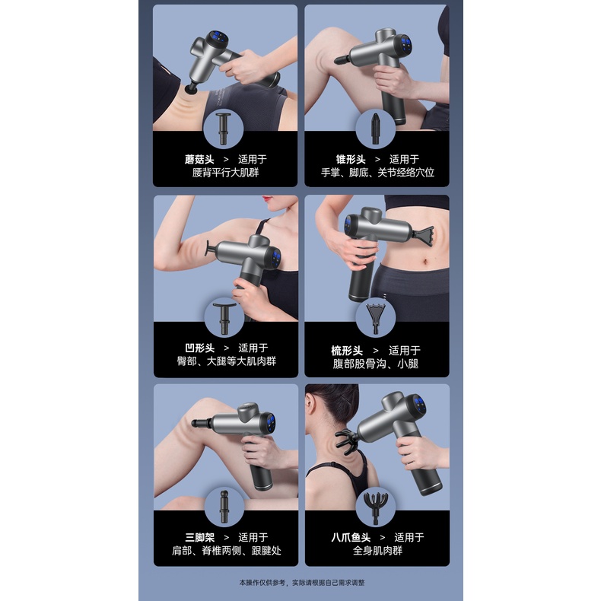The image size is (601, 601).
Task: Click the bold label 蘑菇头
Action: pos(199,159)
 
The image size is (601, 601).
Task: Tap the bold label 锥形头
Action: pos(351,159)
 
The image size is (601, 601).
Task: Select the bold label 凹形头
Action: pos(199,348)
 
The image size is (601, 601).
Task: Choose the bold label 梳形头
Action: pos(347,351)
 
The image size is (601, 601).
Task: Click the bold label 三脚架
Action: pos(199,537)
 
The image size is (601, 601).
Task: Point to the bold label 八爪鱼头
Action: pos(351,537)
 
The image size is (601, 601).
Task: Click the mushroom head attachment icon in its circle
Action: pos(223,129)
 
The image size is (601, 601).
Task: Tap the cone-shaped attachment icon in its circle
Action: pos(375,129)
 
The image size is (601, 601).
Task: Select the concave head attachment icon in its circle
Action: pos(224,318)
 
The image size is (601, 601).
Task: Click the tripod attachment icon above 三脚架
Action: pos(224,507)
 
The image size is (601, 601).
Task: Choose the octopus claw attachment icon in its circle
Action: pos(376,508)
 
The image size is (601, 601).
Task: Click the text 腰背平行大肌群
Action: pos(225,173)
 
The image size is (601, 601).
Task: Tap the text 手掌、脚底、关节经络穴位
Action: pos(377,173)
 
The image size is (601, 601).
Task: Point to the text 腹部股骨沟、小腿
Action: pos(375,364)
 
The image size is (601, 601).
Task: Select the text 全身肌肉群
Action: pos(377,551)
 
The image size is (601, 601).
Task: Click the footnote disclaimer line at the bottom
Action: pos(302,583)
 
